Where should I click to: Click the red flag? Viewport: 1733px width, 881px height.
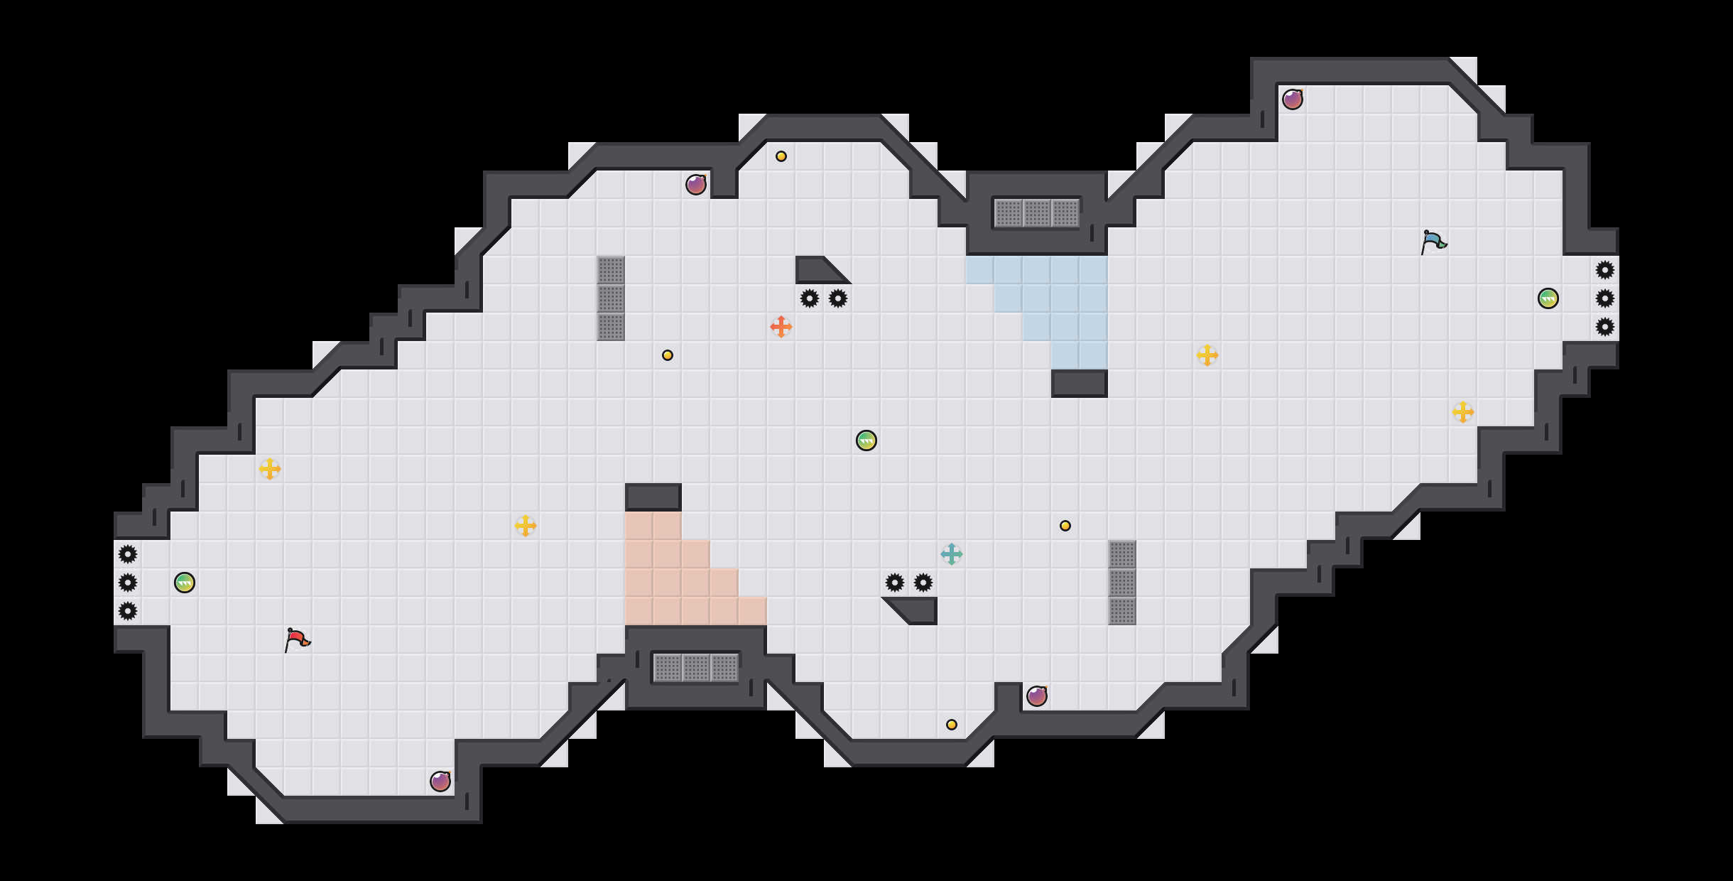[x=297, y=639]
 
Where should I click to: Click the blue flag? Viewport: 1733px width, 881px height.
[x=1433, y=241]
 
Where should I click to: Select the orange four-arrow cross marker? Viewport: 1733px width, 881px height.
[x=781, y=327]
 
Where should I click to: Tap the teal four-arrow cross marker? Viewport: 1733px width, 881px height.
[x=951, y=554]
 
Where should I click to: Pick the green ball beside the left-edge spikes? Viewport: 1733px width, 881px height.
[x=185, y=583]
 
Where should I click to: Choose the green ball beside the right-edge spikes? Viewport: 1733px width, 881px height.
[x=1548, y=298]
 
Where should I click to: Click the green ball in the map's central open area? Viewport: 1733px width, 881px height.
[x=867, y=440]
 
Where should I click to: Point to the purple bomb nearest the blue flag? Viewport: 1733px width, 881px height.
[x=1292, y=99]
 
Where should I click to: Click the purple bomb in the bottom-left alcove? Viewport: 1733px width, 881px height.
[x=440, y=782]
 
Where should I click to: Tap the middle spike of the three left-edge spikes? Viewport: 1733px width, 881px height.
[x=128, y=583]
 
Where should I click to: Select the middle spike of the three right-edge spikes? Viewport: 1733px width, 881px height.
[x=1605, y=298]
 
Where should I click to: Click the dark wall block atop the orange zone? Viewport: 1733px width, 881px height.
[x=653, y=497]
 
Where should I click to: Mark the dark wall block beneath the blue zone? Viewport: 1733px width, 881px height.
[x=1080, y=384]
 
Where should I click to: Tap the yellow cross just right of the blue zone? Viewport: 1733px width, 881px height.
[x=1207, y=355]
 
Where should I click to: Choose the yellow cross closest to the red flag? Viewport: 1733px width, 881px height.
[x=270, y=469]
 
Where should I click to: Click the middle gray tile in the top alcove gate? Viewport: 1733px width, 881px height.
[x=1037, y=213]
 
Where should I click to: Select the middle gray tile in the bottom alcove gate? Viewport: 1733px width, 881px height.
[x=696, y=668]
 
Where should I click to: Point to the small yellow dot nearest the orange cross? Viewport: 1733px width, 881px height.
[x=668, y=355]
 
